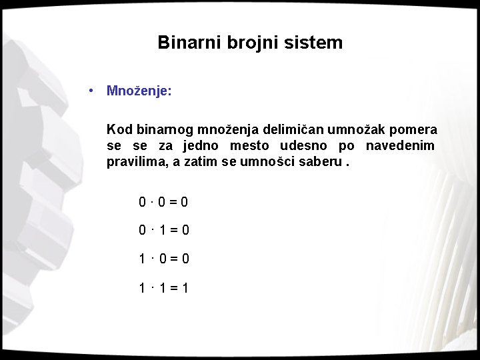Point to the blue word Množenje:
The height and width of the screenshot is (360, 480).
pos(139,91)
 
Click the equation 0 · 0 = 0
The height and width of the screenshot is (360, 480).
pos(163,201)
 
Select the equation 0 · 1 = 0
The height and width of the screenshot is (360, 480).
pos(163,230)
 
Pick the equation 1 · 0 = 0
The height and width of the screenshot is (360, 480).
pos(163,259)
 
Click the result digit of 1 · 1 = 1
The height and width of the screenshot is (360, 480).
pos(185,288)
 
